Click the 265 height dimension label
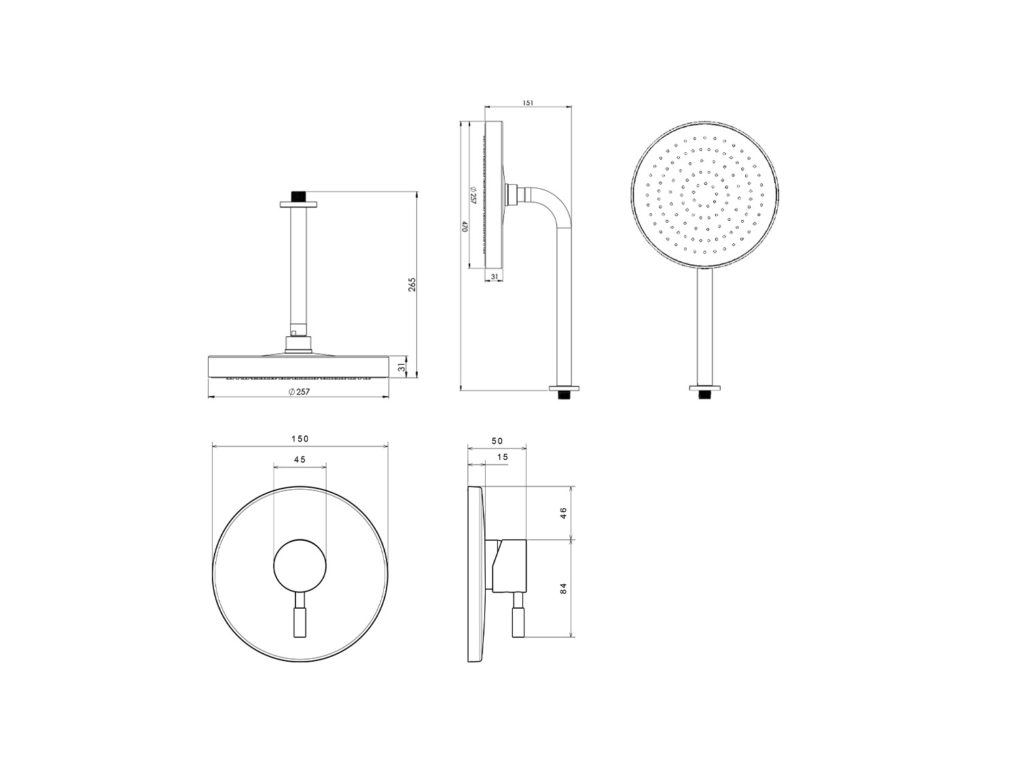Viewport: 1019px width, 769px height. coord(412,284)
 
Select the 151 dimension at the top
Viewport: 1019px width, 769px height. coord(528,103)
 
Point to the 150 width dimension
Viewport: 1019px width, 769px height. coord(300,439)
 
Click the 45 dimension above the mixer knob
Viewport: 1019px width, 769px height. coord(300,459)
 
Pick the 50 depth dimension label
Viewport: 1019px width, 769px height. coord(497,441)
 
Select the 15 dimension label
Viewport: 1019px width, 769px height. coord(502,457)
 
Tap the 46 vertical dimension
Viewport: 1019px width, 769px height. coord(563,513)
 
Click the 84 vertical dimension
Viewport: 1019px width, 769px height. coord(563,589)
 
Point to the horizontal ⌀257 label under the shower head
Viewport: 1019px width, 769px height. coord(298,392)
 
